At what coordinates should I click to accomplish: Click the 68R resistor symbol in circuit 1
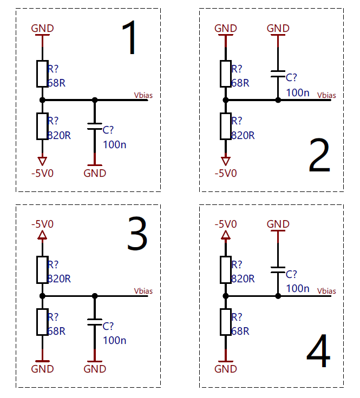tap(42, 74)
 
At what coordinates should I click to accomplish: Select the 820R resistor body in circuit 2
tap(226, 127)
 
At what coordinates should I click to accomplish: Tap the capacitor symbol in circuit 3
tap(95, 322)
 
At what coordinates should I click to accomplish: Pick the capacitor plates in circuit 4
tap(278, 270)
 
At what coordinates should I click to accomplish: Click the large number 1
tap(130, 37)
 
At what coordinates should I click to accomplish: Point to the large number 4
tap(318, 351)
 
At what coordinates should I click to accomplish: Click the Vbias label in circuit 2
tap(326, 95)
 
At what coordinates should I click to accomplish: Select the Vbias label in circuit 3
tap(143, 291)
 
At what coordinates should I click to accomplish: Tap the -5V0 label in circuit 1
tap(42, 174)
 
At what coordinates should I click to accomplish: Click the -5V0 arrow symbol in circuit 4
tap(226, 235)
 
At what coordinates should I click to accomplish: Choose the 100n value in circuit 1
tap(115, 145)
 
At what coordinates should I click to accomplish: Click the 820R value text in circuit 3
tap(59, 278)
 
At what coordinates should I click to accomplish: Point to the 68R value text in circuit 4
tap(240, 331)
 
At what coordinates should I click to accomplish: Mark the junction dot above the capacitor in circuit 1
tap(95, 100)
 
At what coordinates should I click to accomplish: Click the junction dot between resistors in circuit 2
tap(226, 100)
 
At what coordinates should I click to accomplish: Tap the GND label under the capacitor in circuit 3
tap(95, 369)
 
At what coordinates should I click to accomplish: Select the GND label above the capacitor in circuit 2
tap(278, 28)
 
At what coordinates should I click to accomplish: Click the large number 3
tap(137, 234)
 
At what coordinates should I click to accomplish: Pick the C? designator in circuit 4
tap(291, 274)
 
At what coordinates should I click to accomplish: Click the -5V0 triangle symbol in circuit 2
tap(226, 161)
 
